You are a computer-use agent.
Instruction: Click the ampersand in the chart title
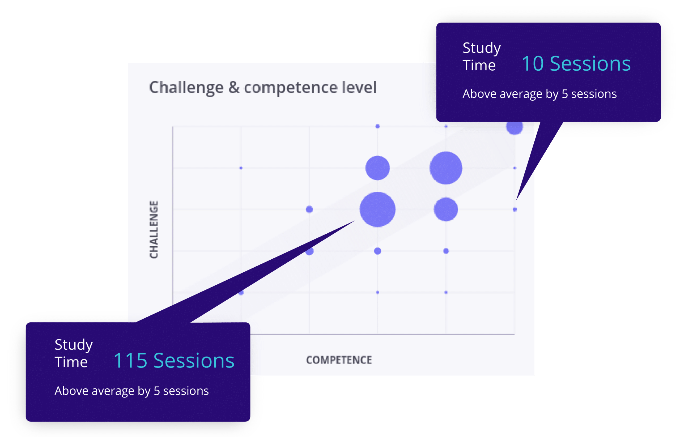pyautogui.click(x=234, y=87)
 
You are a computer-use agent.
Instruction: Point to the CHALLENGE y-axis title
pyautogui.click(x=154, y=229)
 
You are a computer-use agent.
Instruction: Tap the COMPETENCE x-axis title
pyautogui.click(x=339, y=360)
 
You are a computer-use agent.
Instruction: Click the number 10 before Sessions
pyautogui.click(x=533, y=63)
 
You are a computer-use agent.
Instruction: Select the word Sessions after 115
pyautogui.click(x=194, y=361)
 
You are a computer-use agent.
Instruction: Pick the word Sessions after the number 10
pyautogui.click(x=590, y=63)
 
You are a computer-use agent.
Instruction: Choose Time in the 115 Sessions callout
pyautogui.click(x=71, y=362)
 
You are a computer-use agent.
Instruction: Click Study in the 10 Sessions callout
pyautogui.click(x=482, y=48)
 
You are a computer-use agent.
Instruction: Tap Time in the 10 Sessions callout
pyautogui.click(x=479, y=65)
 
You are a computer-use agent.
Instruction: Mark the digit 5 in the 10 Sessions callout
pyautogui.click(x=565, y=94)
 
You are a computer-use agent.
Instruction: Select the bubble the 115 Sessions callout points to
pyautogui.click(x=378, y=209)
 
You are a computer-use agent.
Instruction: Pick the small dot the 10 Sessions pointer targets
pyautogui.click(x=515, y=209)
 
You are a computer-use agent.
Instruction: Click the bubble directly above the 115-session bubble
pyautogui.click(x=378, y=168)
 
